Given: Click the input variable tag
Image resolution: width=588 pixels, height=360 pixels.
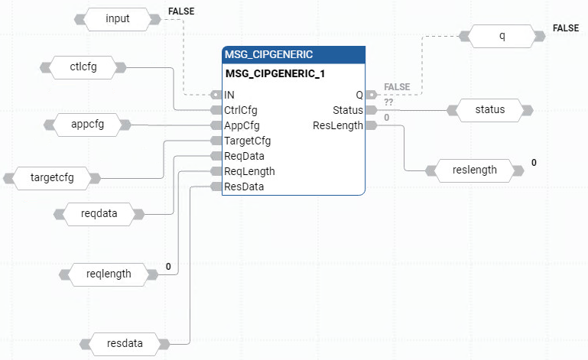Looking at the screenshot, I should point(118,18).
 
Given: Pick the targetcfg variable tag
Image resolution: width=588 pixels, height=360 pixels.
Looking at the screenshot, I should point(52,178).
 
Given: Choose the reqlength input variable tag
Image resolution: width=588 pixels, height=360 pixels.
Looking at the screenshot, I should point(109,273).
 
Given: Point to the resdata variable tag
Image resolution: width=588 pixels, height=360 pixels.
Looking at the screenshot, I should point(125,342).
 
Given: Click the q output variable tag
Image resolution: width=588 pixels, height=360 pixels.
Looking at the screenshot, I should point(502,35).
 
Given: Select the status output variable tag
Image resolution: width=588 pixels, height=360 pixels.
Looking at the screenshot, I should point(490,109).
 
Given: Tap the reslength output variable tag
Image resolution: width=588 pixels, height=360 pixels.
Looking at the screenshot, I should point(475,170).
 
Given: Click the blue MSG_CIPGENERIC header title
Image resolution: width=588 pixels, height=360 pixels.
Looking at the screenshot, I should point(268,55).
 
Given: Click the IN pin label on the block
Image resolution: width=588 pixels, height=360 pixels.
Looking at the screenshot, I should point(229,95).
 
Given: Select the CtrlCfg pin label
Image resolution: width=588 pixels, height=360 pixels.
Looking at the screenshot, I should point(241,110).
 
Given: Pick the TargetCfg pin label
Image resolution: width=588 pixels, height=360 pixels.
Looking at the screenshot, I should point(247,141).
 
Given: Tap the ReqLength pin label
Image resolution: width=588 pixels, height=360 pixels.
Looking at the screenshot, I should point(249,171).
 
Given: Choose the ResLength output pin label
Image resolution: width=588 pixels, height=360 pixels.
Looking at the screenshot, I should point(338,125).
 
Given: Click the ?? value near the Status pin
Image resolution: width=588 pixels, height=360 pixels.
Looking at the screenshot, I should point(388,102).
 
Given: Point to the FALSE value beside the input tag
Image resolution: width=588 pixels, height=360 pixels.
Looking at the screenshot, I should point(180,11).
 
